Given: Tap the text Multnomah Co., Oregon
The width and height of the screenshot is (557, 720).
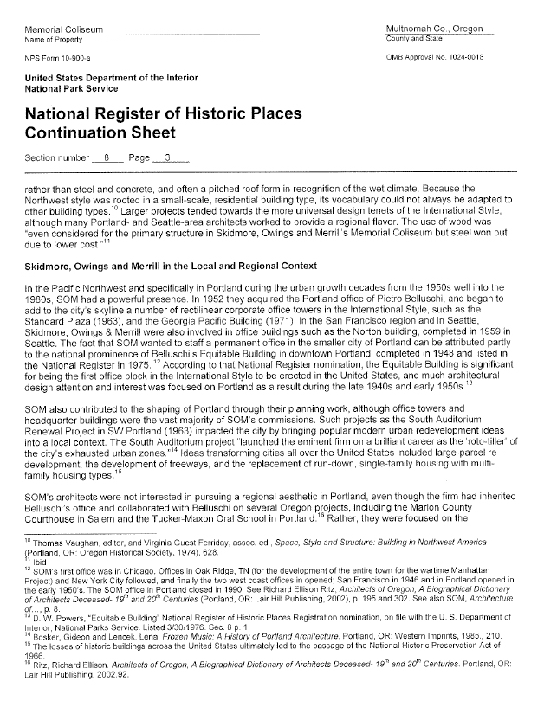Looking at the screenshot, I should click(x=436, y=30).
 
